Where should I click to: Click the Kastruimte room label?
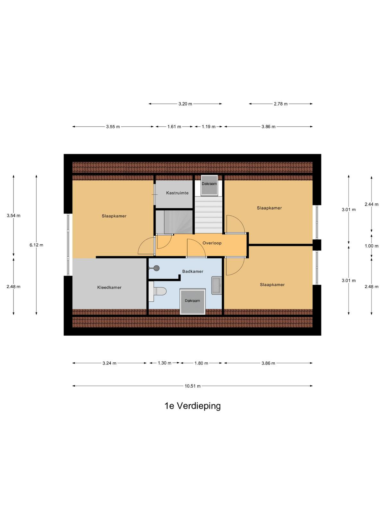[177, 193]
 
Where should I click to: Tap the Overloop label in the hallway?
[212, 243]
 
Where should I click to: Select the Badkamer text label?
[193, 271]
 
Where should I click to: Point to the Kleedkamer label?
[109, 288]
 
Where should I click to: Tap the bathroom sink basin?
[217, 285]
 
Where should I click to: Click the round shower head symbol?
[156, 268]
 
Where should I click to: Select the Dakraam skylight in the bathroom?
[193, 301]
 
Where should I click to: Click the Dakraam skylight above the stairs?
[210, 185]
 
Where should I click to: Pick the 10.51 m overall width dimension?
[193, 386]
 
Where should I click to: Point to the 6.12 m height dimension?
[36, 245]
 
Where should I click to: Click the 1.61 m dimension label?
[174, 127]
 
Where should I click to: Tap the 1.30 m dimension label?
[164, 363]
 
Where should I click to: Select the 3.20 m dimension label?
[185, 104]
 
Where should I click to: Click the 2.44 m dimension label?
[372, 204]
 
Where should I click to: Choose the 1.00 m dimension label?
[372, 246]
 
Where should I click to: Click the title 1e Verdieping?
[193, 406]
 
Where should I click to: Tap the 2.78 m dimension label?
[280, 104]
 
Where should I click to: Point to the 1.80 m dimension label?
[201, 363]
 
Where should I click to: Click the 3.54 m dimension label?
[13, 215]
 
